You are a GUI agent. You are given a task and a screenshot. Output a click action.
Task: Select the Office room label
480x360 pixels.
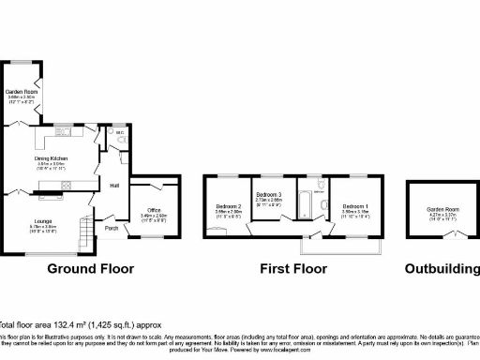tap(153, 211)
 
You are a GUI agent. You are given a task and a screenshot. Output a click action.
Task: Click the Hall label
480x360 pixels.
tap(113, 186)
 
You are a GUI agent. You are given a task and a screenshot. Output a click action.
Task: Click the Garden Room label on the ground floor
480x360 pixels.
tap(22, 92)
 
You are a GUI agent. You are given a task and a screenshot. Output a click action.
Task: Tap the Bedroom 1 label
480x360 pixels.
tap(354, 206)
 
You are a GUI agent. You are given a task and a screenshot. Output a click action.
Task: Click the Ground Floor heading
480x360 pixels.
tap(90, 269)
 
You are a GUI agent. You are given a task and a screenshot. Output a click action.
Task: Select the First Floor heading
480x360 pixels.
tap(293, 269)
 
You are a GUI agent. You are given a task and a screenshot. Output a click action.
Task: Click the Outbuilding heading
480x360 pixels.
tap(442, 269)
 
